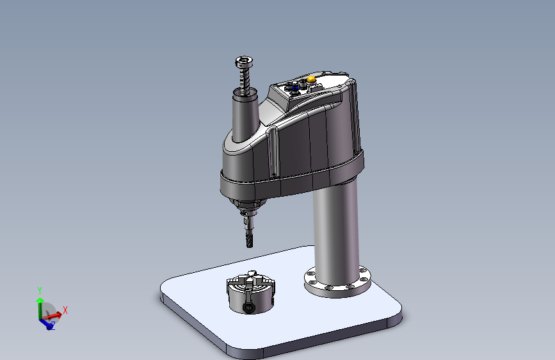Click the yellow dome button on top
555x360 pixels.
pyautogui.click(x=311, y=79)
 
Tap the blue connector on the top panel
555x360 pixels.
pyautogui.click(x=294, y=87)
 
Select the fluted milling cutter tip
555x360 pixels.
pyautogui.click(x=249, y=239)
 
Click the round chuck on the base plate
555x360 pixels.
pyautogui.click(x=250, y=293)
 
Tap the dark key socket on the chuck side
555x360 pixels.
pyautogui.click(x=248, y=308)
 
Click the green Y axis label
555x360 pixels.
pyautogui.click(x=40, y=291)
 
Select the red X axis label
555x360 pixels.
pyautogui.click(x=65, y=311)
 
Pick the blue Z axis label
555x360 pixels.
pyautogui.click(x=52, y=325)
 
